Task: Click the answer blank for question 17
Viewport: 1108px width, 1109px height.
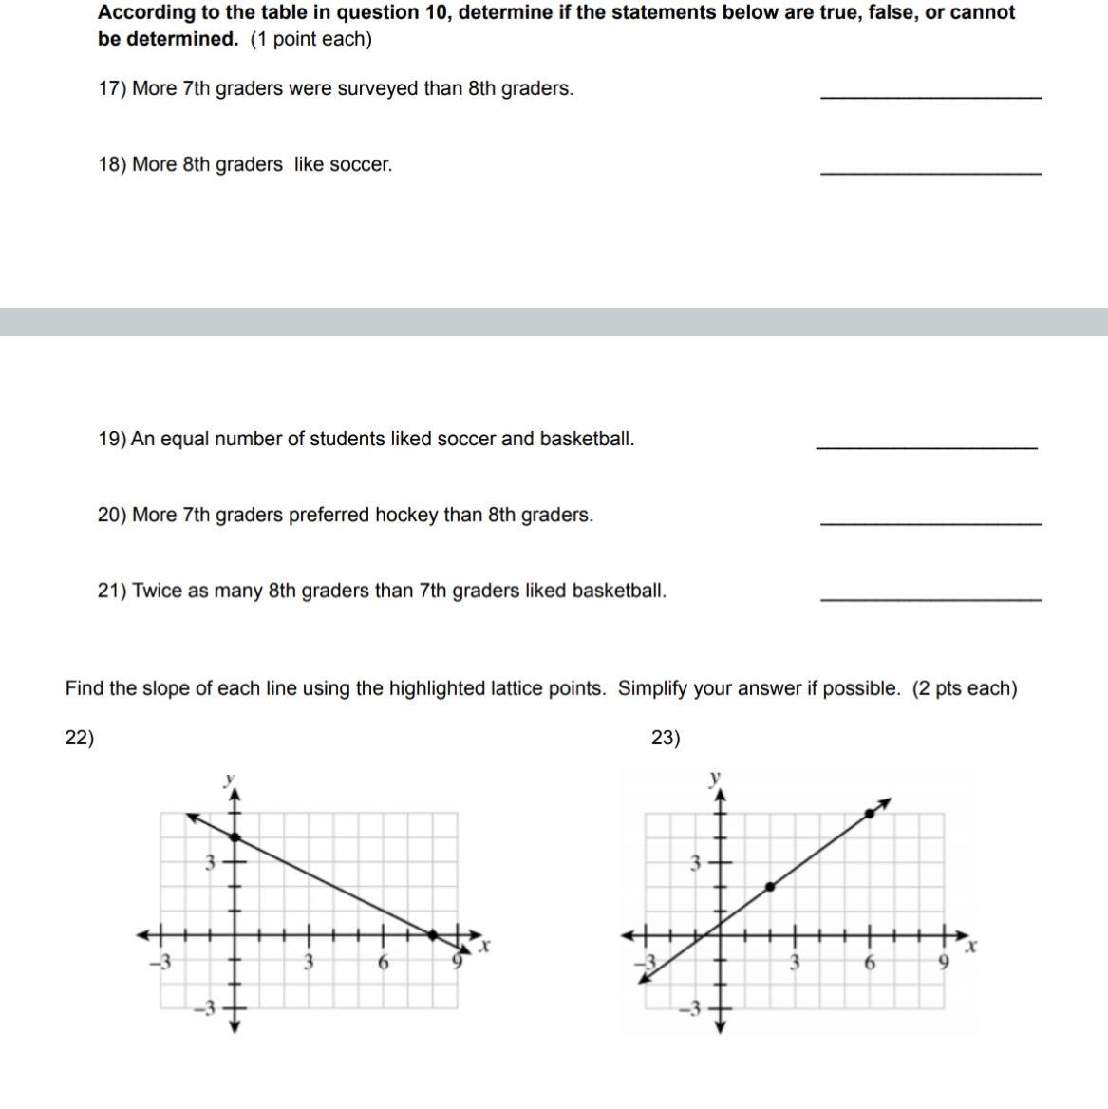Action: [x=930, y=97]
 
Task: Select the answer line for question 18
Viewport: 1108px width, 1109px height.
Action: [x=930, y=173]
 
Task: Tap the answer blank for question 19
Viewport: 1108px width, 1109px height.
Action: [x=927, y=447]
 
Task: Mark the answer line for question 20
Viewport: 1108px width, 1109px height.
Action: [x=930, y=523]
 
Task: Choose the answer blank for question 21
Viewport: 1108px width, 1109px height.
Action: [x=930, y=599]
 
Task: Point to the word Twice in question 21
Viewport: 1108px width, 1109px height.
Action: [x=157, y=591]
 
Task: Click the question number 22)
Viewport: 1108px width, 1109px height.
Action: [x=79, y=738]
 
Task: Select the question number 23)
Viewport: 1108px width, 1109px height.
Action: [x=666, y=738]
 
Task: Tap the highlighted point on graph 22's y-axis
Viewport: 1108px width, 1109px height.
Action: [x=235, y=836]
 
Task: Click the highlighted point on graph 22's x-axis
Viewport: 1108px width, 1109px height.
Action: [x=434, y=935]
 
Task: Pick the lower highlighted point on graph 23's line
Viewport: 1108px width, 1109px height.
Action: [x=770, y=886]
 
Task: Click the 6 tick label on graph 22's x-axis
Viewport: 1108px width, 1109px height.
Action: [x=384, y=962]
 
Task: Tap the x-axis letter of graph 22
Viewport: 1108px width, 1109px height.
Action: [x=485, y=947]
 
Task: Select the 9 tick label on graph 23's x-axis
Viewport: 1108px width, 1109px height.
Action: [x=944, y=962]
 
